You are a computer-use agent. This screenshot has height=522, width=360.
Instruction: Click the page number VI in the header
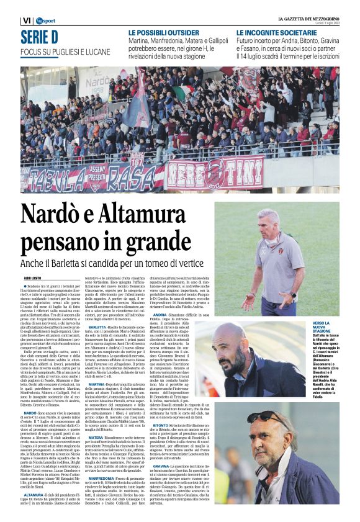pos(25,21)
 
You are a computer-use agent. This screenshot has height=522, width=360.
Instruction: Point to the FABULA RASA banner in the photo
pos(92,176)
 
